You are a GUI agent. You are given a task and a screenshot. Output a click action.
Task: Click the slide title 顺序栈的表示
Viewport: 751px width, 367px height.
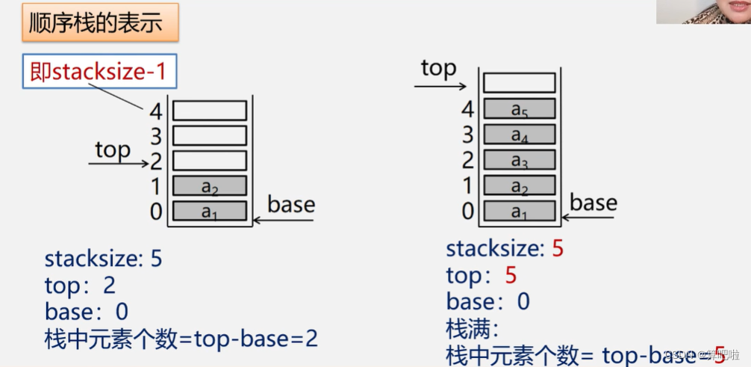click(x=95, y=23)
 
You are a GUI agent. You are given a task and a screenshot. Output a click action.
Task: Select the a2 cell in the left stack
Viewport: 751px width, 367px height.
click(x=210, y=186)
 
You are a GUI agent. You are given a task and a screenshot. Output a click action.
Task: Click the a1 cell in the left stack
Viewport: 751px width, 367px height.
click(x=210, y=212)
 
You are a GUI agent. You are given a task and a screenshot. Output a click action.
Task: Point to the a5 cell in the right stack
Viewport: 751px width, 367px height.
click(x=520, y=109)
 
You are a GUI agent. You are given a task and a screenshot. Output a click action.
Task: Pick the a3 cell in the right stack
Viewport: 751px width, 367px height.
click(x=520, y=160)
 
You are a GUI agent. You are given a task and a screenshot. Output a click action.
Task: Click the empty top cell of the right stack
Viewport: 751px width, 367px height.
click(x=520, y=82)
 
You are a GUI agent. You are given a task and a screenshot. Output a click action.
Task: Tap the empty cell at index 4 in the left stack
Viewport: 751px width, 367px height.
click(x=210, y=111)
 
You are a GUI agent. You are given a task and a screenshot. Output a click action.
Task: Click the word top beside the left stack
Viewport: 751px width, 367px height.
click(x=113, y=149)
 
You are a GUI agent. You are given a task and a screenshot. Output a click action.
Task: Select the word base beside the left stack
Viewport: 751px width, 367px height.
click(x=291, y=204)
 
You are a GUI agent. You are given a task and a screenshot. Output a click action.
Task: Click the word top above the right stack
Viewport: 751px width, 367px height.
click(x=438, y=68)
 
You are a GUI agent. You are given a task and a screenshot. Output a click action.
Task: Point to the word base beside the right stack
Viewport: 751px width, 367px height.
click(x=593, y=203)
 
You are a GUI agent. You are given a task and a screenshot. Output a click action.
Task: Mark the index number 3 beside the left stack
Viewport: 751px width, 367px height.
click(x=155, y=137)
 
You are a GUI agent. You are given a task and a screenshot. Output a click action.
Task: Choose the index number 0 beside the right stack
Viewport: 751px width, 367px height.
click(x=468, y=212)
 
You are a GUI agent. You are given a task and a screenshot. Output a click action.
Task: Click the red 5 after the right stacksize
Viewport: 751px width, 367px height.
click(x=557, y=249)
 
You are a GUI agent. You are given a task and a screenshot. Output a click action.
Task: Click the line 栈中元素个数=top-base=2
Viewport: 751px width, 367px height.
click(x=181, y=339)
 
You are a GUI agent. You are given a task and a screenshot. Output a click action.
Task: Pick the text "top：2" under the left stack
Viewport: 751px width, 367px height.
click(x=80, y=285)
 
